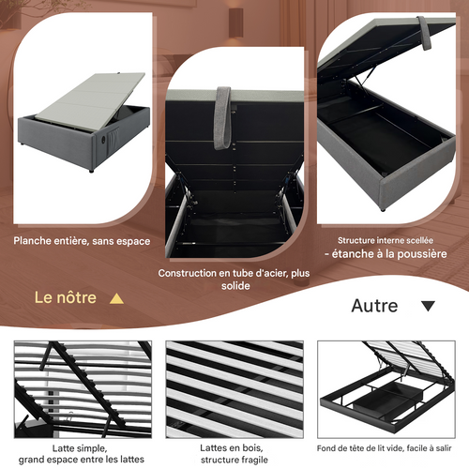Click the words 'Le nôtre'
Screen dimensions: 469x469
[66, 297]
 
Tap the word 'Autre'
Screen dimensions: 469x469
[374, 306]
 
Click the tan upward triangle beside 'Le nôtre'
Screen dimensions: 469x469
[116, 298]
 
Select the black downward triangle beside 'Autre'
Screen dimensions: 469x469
[428, 306]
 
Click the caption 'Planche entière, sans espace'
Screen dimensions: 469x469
[82, 241]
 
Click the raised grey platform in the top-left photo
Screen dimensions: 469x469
[94, 98]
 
